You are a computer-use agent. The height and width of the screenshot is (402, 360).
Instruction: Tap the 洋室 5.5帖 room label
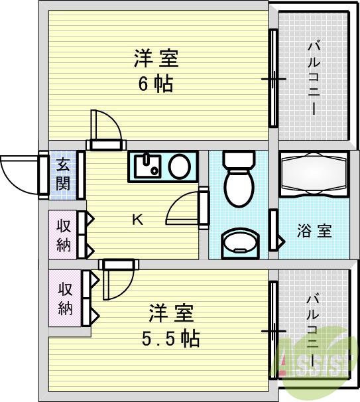click(170, 325)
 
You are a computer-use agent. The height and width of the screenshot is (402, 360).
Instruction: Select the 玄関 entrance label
click(63, 174)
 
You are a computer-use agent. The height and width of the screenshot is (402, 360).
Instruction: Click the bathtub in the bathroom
click(313, 176)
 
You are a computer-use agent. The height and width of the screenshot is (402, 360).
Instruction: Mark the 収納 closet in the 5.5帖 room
click(65, 299)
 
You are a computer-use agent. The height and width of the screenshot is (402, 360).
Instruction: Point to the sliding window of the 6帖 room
click(272, 78)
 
